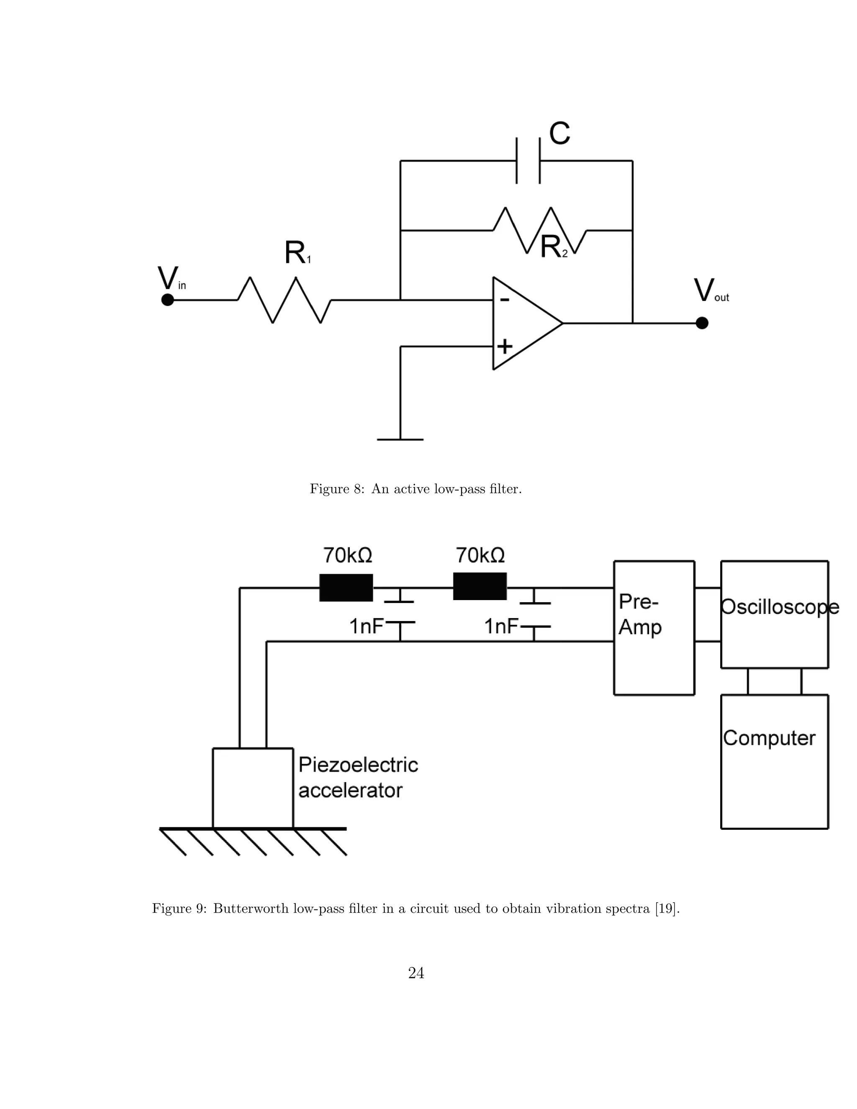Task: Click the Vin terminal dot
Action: (167, 300)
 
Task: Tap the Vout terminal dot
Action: (702, 323)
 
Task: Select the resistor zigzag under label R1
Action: (284, 300)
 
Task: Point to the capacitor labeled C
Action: (529, 160)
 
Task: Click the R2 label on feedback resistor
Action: (553, 248)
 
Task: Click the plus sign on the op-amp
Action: (505, 347)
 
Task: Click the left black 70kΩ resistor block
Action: (346, 588)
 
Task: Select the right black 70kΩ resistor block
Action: (480, 586)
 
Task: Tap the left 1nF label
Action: (366, 626)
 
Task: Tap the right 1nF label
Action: (500, 626)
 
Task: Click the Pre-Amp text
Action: (640, 614)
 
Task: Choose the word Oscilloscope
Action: (779, 607)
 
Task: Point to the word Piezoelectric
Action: (358, 765)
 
